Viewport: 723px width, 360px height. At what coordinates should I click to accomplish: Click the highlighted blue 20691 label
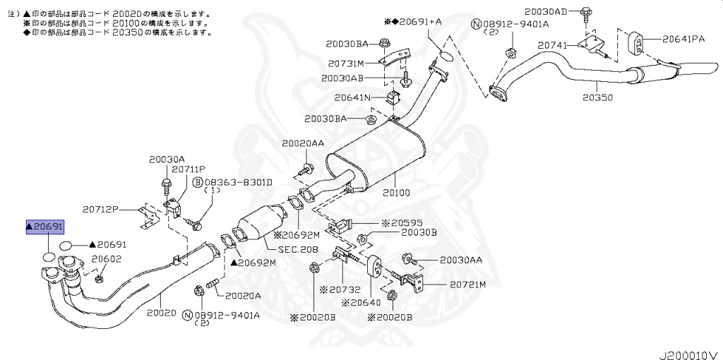point(45,227)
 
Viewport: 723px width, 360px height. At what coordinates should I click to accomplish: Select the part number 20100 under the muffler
point(397,192)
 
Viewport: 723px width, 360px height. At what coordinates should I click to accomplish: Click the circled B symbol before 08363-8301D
point(199,182)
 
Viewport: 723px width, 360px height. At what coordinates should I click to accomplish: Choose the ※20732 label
point(340,289)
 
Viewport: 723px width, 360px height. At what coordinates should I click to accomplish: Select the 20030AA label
point(461,260)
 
